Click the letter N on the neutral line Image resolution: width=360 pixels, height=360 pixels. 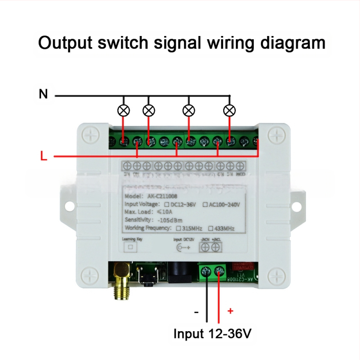[43, 94]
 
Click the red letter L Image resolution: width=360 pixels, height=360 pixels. [43, 157]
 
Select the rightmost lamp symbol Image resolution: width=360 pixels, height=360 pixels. [230, 110]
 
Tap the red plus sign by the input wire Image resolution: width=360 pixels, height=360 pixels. [230, 310]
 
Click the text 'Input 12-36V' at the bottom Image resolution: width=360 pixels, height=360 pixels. [212, 334]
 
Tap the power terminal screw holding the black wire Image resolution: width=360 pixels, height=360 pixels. [207, 271]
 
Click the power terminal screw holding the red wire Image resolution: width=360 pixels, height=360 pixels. [219, 271]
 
